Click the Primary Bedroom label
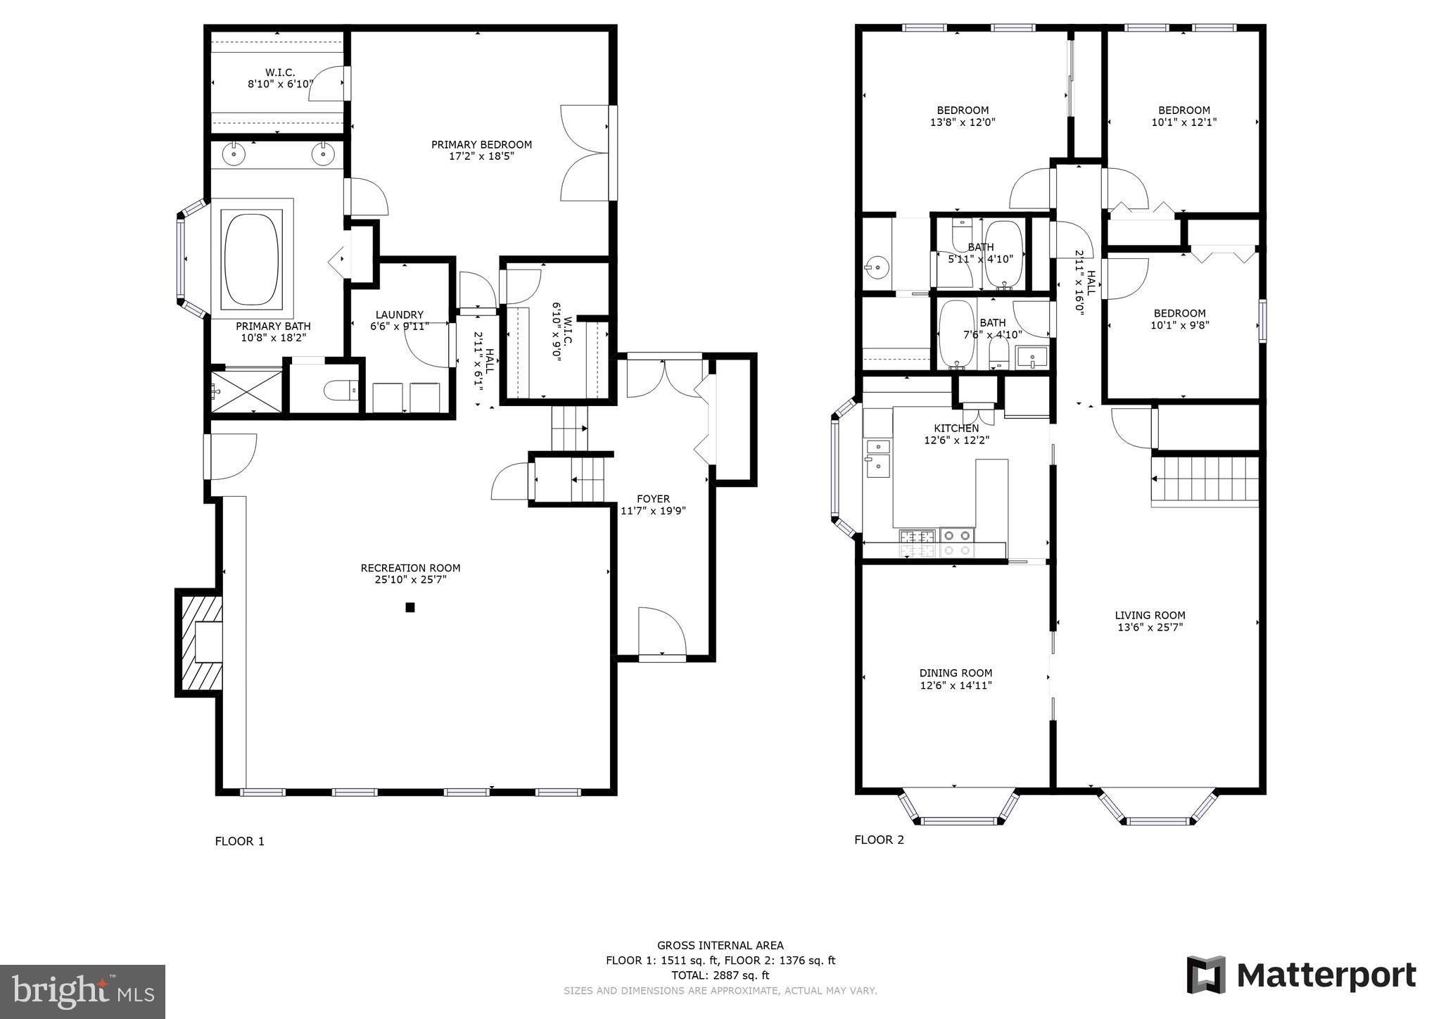[481, 144]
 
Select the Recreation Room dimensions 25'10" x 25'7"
[410, 580]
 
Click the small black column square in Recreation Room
[410, 607]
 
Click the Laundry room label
[399, 315]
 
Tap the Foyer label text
[653, 499]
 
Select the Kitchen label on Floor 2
[956, 428]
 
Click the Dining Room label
[956, 673]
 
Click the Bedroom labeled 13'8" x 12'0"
[963, 115]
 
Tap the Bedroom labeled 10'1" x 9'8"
[1179, 319]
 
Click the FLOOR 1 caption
[239, 841]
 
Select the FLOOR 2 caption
[879, 840]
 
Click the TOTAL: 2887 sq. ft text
[720, 975]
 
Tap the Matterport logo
[1301, 975]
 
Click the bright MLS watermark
[82, 992]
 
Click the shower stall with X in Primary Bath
[246, 391]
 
